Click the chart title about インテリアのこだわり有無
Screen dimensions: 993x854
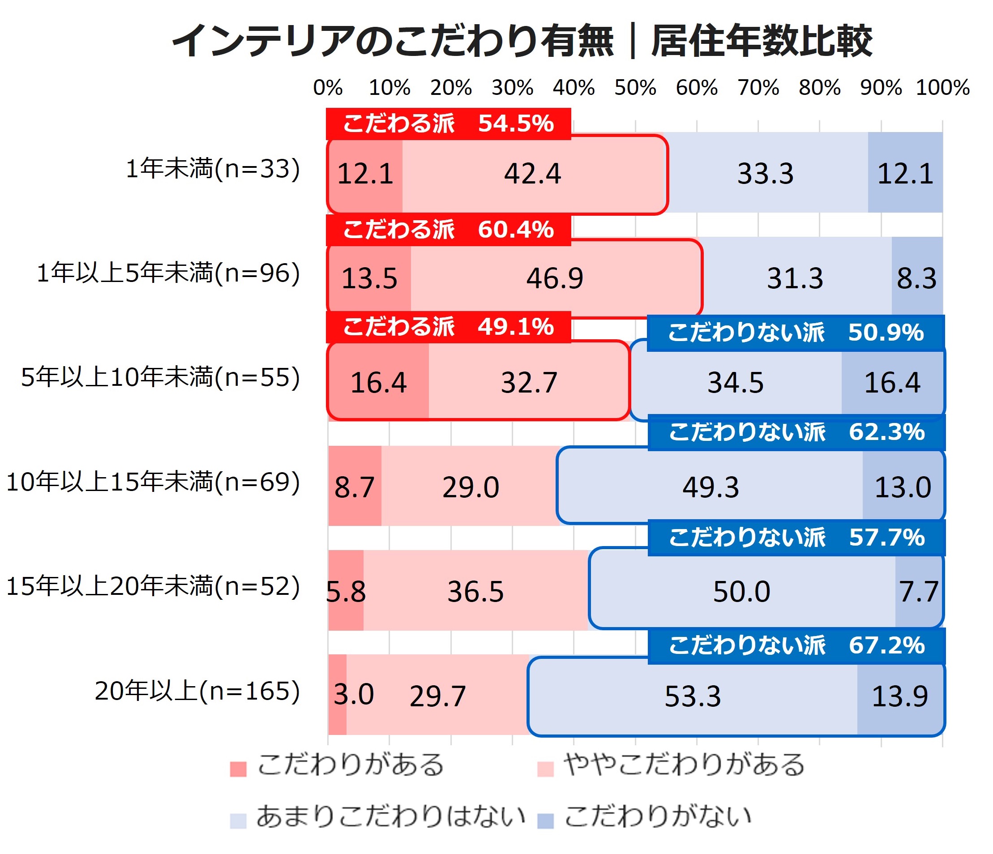click(x=522, y=41)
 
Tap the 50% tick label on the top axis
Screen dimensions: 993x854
click(x=635, y=88)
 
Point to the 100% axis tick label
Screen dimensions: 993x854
click(x=943, y=88)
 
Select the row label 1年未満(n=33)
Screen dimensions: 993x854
click(x=213, y=169)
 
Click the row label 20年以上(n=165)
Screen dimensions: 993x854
click(x=197, y=691)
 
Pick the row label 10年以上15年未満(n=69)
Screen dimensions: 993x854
click(x=153, y=482)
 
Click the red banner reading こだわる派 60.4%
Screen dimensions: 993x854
click(x=449, y=230)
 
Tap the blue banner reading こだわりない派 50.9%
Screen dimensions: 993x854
click(x=796, y=333)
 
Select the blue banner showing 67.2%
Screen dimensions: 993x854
click(x=796, y=645)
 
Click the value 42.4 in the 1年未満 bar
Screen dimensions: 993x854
click(x=532, y=174)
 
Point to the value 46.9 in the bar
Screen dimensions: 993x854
click(x=555, y=278)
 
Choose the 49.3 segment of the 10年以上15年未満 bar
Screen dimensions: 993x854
click(x=711, y=486)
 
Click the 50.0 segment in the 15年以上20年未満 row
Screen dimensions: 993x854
click(x=742, y=590)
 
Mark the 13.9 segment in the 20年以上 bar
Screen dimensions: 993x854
click(x=900, y=696)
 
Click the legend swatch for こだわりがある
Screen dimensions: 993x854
click(x=238, y=769)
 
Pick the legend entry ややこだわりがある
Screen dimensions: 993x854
click(x=671, y=765)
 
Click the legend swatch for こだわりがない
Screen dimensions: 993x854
click(x=545, y=821)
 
